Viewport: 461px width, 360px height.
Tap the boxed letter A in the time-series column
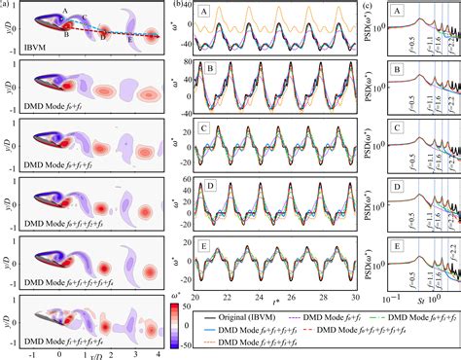[x=203, y=13]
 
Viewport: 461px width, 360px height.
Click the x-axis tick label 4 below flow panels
[x=156, y=354]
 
